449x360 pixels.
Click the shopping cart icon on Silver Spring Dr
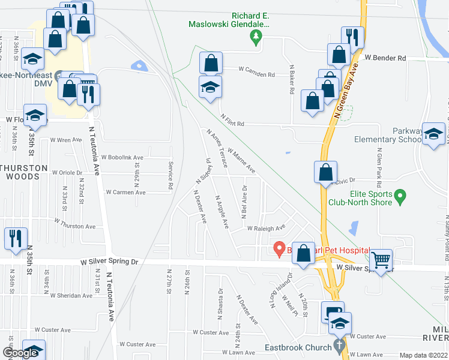click(x=381, y=260)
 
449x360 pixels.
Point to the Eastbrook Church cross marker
click(x=339, y=346)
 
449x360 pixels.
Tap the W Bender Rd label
click(x=385, y=58)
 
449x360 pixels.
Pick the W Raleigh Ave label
click(x=265, y=229)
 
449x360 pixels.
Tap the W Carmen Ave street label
click(x=125, y=193)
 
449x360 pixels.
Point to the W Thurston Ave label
click(x=74, y=223)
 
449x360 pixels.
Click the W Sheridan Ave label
click(x=71, y=295)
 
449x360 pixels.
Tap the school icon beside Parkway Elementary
click(x=433, y=134)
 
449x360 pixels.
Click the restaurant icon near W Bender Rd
click(x=352, y=37)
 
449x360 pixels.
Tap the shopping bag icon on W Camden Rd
click(x=211, y=63)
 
